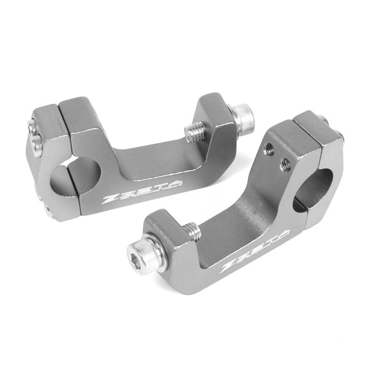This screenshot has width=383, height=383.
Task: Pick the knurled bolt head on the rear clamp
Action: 243,117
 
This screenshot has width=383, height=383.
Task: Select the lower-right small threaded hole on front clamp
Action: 286,163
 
